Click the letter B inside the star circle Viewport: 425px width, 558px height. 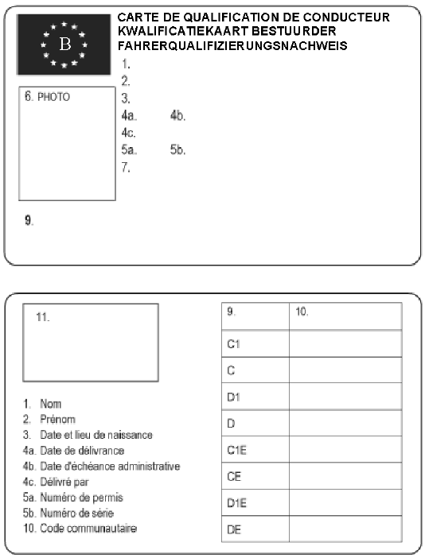tap(65, 45)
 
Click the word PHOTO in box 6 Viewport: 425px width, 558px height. tap(54, 97)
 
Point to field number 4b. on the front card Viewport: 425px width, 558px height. tap(177, 116)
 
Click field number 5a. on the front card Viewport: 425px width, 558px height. tap(129, 149)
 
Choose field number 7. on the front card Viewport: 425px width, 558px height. tap(126, 167)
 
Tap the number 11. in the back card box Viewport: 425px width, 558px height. tap(43, 316)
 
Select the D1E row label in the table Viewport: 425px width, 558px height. tap(236, 502)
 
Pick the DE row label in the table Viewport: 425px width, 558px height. tap(234, 529)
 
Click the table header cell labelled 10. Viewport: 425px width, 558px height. tap(302, 312)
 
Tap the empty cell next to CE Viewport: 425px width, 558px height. tap(345, 476)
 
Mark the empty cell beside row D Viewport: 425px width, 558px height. tap(345, 424)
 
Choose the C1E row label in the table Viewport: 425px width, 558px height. tap(236, 450)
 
